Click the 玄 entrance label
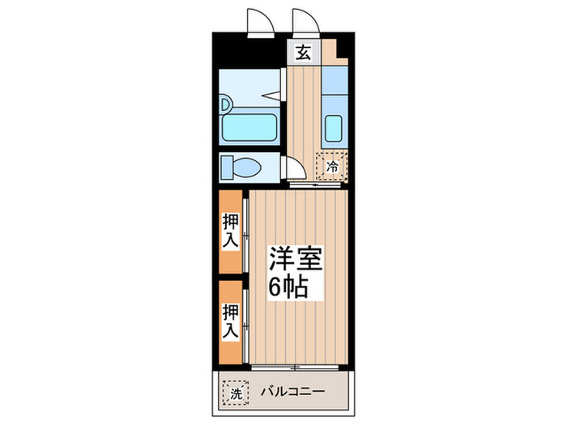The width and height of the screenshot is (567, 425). (x=302, y=54)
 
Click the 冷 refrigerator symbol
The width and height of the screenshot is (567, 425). (x=332, y=166)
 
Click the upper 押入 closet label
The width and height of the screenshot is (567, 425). (x=230, y=230)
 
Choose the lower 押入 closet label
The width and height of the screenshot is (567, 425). (x=230, y=320)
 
